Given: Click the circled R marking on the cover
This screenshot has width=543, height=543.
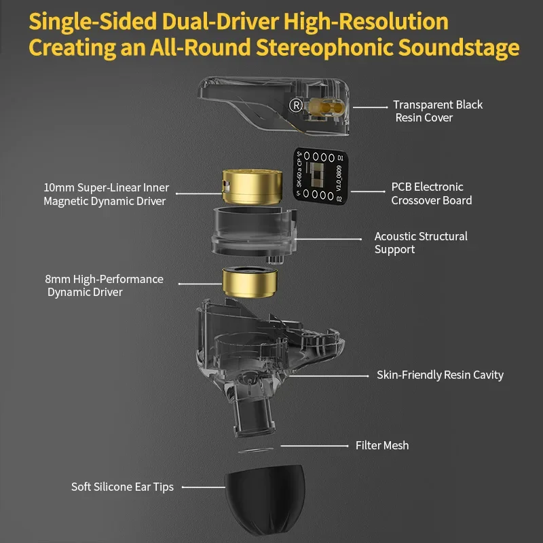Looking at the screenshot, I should point(295,105).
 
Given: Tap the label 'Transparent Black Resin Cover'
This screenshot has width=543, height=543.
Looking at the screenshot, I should point(438,111).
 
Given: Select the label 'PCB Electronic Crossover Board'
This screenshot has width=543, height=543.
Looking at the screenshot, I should point(431,193).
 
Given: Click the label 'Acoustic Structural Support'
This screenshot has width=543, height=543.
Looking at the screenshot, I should point(421,243).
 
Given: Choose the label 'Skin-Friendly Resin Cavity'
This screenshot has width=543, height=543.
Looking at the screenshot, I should point(440,375).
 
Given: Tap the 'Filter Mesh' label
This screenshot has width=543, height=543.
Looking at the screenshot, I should point(382,446).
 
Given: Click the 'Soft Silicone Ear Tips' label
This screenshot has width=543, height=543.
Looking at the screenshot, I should point(122,487).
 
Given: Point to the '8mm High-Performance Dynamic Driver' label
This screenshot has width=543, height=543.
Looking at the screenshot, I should point(103,285).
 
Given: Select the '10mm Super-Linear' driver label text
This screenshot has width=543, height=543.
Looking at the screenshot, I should point(106,194).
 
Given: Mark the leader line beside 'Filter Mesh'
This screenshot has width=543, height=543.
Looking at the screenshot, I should point(313,446).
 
